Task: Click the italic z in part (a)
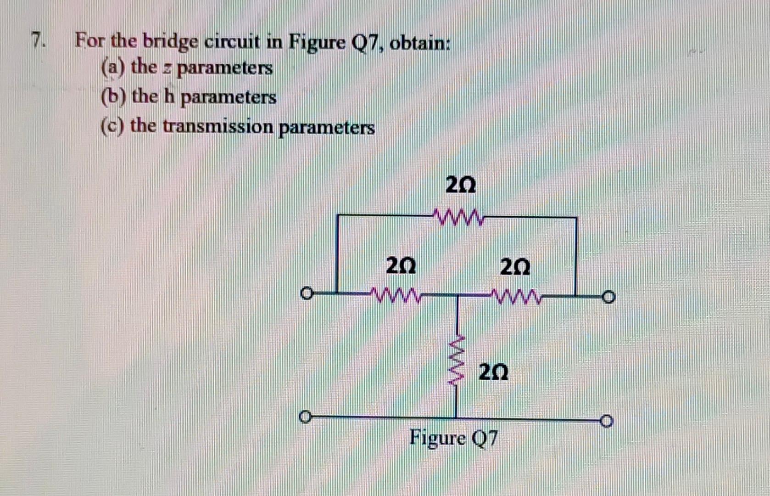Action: click(x=167, y=69)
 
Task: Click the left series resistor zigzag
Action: click(x=396, y=294)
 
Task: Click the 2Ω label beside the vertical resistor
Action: click(x=493, y=372)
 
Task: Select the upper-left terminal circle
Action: click(x=306, y=293)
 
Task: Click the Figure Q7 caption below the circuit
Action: click(x=453, y=438)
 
